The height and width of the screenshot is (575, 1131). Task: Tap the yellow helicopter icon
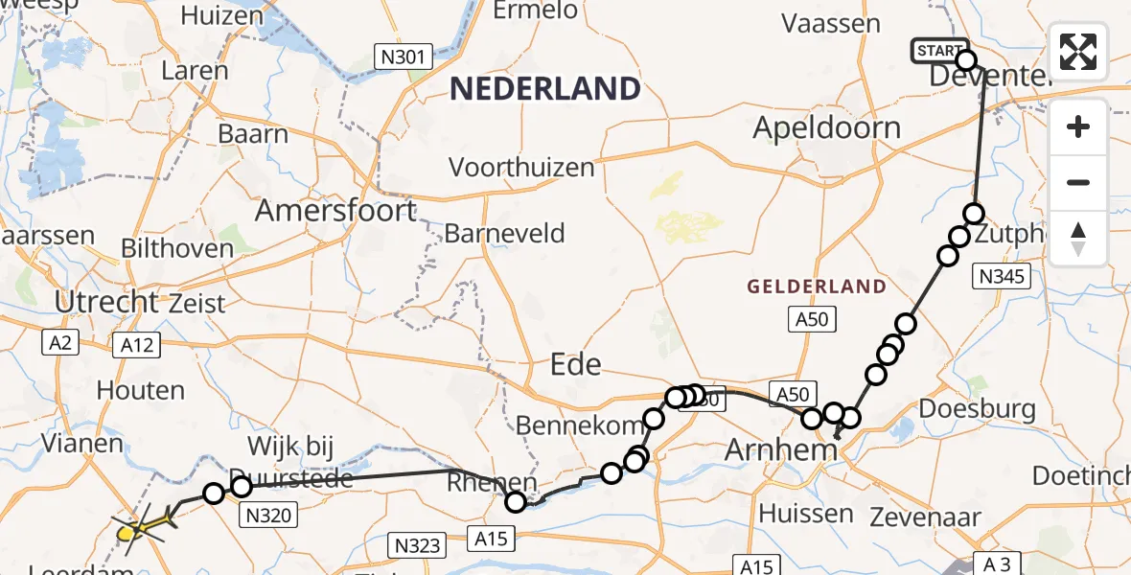point(140,525)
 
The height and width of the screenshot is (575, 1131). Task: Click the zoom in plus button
point(1078,126)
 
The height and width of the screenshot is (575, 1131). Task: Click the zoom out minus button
point(1078,182)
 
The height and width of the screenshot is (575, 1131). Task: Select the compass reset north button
point(1078,238)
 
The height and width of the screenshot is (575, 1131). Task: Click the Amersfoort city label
point(335,210)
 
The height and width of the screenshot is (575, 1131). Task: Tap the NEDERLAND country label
point(544,89)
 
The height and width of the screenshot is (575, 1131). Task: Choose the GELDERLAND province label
point(816,287)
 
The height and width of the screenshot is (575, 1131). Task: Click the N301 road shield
point(404,57)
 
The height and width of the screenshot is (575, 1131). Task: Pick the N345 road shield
point(1001,278)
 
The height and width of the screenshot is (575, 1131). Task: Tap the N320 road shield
point(267,516)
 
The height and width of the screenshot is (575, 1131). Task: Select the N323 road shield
point(418,545)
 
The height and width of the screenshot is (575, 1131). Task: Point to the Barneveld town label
point(504,234)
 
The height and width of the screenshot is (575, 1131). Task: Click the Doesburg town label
point(977,409)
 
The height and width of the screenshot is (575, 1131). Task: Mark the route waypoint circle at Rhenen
point(516,501)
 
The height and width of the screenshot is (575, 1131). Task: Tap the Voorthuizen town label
point(521,167)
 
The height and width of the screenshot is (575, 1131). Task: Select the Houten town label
point(141,390)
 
